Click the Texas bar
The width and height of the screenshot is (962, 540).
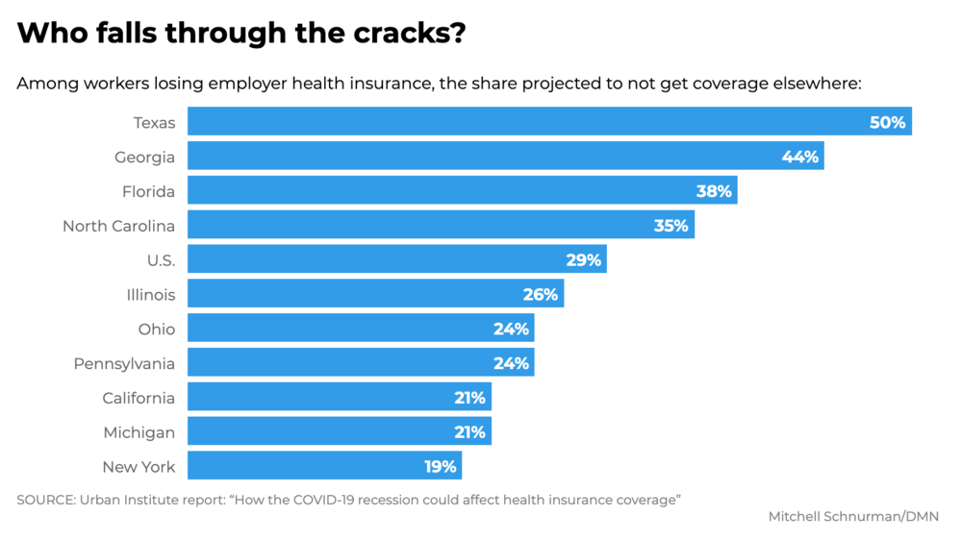coord(549,121)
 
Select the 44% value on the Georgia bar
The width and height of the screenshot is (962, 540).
coord(800,157)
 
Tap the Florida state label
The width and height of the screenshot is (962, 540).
coord(148,191)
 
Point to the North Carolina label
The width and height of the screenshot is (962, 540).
coord(119,226)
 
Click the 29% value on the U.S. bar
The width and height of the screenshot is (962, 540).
coord(584,259)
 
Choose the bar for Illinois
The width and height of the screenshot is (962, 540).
coord(375,294)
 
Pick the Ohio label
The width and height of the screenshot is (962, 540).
coord(157,330)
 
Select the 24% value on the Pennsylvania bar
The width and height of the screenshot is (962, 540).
coord(511,363)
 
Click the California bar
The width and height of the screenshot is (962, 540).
coord(340,397)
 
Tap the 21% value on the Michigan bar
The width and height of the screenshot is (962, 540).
coord(470,432)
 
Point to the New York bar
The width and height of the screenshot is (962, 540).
coord(324,465)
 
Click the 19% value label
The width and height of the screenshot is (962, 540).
coord(441,466)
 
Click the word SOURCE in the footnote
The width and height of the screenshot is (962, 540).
coord(45,500)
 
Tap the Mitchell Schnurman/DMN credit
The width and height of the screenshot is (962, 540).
coord(853,517)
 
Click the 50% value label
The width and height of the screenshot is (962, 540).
coord(887,123)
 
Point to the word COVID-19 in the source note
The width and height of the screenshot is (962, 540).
coord(322,500)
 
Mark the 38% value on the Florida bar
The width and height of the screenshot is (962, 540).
coord(714,191)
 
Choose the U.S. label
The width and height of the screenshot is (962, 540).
coord(162,260)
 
